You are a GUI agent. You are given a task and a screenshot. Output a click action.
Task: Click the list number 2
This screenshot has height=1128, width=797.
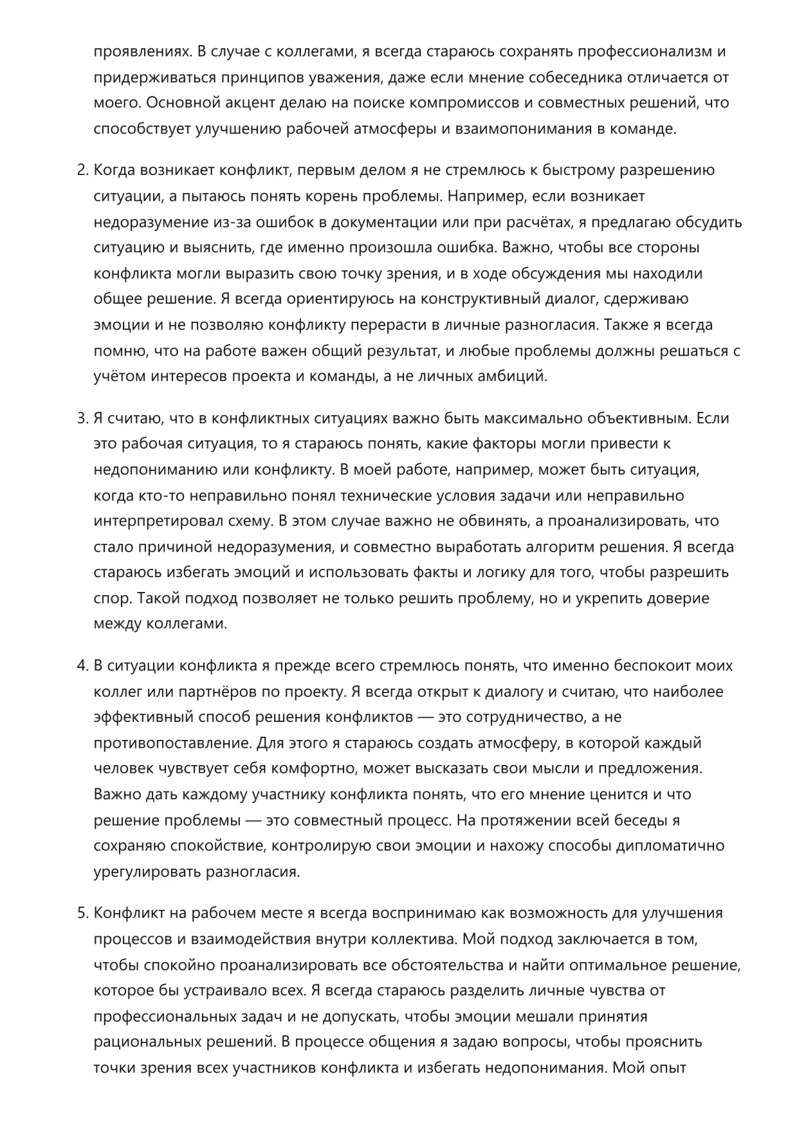tap(81, 171)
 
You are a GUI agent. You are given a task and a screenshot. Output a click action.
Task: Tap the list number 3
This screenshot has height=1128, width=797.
tap(81, 418)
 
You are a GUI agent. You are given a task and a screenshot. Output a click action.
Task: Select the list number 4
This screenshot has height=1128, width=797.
tap(81, 666)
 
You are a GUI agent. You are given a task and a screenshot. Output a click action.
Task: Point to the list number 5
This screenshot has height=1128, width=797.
tap(81, 914)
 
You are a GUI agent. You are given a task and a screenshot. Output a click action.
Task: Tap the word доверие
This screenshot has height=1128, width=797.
tap(677, 598)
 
